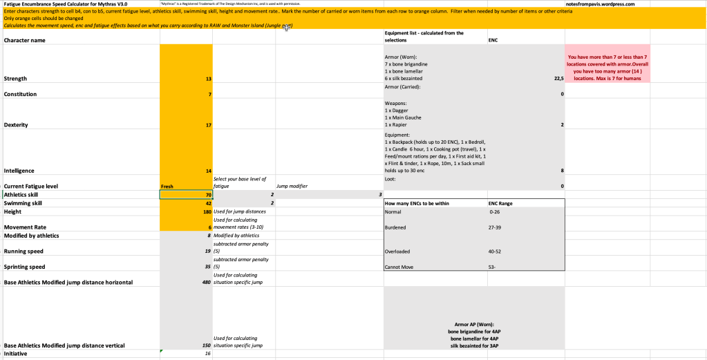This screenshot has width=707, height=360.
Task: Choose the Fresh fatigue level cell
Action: (x=185, y=186)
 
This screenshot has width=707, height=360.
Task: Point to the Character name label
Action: (x=25, y=40)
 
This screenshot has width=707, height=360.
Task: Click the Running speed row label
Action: (x=25, y=252)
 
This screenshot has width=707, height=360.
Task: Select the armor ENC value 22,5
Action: (x=557, y=79)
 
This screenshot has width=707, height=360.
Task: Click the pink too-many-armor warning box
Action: (x=607, y=68)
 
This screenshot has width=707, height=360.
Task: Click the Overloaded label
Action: (x=398, y=252)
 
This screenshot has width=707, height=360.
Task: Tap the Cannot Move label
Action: (x=399, y=267)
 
